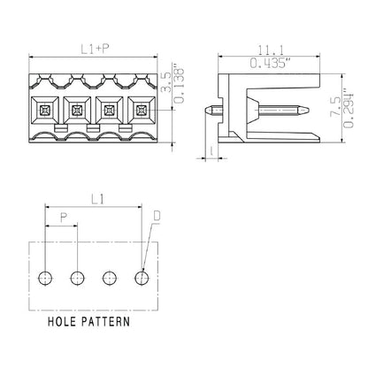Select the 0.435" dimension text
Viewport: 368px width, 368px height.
(x=260, y=65)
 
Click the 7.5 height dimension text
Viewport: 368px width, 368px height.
(x=333, y=110)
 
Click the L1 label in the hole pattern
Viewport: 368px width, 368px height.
(x=93, y=202)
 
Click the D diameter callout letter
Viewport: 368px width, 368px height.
(x=157, y=215)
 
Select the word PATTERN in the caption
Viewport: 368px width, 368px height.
(x=108, y=323)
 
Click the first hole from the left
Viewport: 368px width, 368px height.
(x=46, y=279)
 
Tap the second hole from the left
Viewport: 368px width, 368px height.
(x=78, y=279)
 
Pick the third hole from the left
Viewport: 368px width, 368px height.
(x=110, y=279)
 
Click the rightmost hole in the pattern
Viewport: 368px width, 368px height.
(x=142, y=279)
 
